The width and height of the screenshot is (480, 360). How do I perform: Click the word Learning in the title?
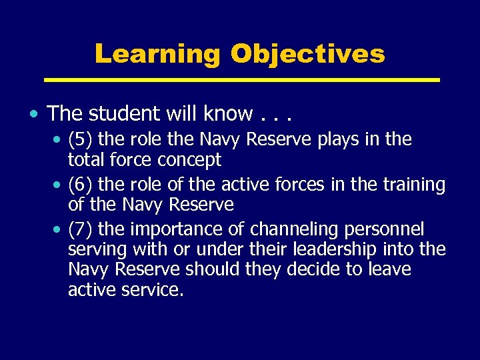[157, 54]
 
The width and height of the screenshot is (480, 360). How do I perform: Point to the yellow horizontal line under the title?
[241, 80]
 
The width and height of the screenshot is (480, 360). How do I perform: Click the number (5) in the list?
[81, 139]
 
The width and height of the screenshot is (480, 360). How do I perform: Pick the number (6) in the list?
[81, 185]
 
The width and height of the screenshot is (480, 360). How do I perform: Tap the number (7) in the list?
[81, 230]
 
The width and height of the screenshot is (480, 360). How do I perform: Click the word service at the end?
[153, 290]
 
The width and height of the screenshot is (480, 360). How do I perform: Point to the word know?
[226, 113]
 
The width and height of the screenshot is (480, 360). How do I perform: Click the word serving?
[97, 250]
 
